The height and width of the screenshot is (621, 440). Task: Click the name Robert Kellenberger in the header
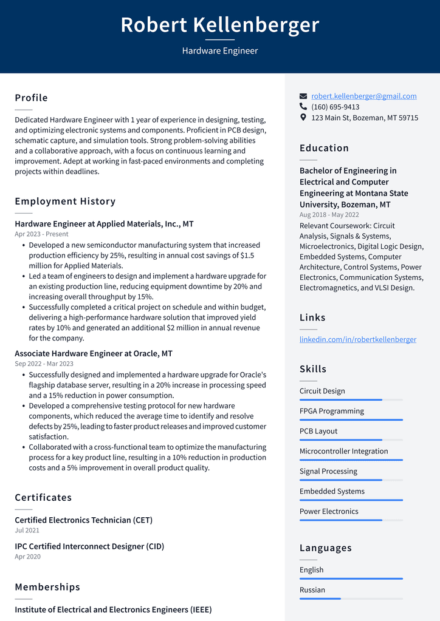coord(220,25)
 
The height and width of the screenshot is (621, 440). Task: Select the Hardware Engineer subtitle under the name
coord(220,51)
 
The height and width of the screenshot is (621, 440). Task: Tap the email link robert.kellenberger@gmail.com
coord(364,96)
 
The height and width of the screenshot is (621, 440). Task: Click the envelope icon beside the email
coord(303,97)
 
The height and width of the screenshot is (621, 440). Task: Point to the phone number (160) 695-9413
coord(335,107)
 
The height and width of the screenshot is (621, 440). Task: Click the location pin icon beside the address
coord(303,118)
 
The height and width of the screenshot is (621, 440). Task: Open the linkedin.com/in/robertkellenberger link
coord(358,339)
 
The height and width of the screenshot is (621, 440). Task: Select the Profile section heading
coord(32,98)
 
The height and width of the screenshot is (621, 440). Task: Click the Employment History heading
coord(65,201)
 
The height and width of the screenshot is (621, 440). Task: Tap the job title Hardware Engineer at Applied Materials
coord(104,224)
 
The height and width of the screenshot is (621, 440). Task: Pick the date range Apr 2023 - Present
coord(41,234)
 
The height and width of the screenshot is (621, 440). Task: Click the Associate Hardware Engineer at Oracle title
coord(94,353)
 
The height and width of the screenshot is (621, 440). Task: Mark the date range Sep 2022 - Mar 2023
coord(44,364)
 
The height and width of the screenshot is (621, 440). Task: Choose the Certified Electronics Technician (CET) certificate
coord(83,520)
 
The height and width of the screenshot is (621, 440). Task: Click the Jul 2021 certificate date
coord(27,531)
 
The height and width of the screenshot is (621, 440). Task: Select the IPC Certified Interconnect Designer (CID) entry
coord(89,546)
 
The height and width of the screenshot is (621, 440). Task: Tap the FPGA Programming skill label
coord(332,411)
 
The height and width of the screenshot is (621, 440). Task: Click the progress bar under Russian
coord(351,599)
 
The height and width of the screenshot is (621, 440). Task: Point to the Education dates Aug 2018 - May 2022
coord(329,215)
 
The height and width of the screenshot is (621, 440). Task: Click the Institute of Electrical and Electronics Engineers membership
coord(113,609)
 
